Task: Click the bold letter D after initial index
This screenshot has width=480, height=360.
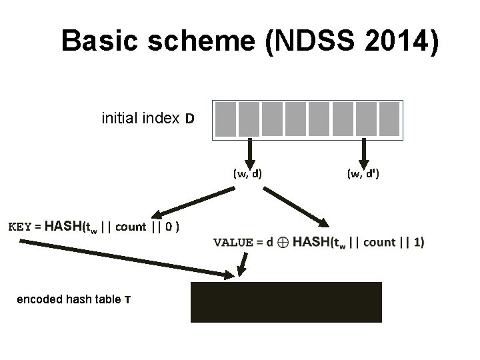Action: [x=190, y=119]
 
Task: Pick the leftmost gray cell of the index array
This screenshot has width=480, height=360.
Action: [x=227, y=119]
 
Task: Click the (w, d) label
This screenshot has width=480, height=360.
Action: [x=247, y=174]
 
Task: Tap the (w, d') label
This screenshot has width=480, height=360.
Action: [x=363, y=174]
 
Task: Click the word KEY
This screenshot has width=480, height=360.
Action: [x=19, y=226]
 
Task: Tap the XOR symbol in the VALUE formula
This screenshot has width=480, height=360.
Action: [x=283, y=243]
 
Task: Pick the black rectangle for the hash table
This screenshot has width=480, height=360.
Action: [x=286, y=302]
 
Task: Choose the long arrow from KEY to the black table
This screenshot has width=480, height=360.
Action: [x=127, y=257]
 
